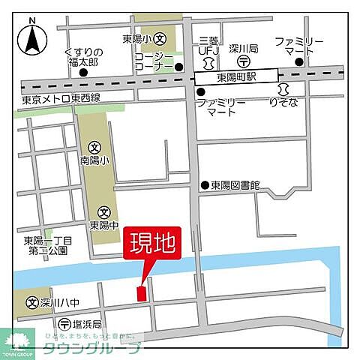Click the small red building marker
[x=140, y=295]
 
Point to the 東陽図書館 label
[x=235, y=185]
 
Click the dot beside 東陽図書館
[x=204, y=185]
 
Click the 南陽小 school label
[x=94, y=160]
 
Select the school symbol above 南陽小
[x=94, y=148]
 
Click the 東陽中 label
[x=103, y=224]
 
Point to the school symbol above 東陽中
[x=103, y=211]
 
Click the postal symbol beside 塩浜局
[x=65, y=325]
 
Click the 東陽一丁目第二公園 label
[x=46, y=246]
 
